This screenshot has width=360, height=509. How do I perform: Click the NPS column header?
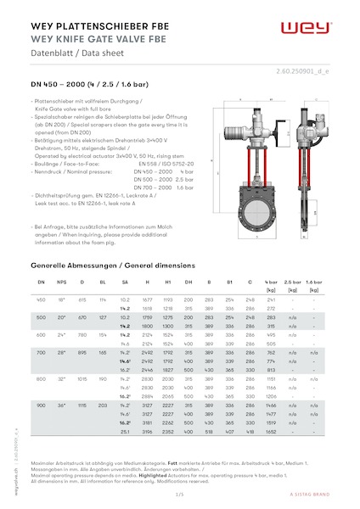pos(61,280)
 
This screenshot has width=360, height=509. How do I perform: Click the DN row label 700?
pos(42,350)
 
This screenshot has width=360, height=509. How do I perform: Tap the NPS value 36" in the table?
pos(61,406)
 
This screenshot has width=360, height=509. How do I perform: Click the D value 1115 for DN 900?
pos(82,406)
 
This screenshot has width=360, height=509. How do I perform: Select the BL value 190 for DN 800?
pos(103,378)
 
